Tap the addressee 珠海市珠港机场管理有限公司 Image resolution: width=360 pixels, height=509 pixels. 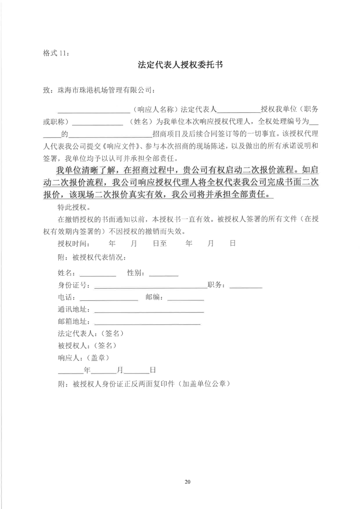click(x=106, y=90)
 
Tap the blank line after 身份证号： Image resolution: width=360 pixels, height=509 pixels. click(x=151, y=287)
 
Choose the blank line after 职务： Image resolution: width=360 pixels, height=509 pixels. click(x=246, y=287)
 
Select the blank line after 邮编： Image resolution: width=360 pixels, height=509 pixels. click(x=185, y=299)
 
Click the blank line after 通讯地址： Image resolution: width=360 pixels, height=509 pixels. click(x=149, y=311)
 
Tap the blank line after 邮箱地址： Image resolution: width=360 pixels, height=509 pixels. click(x=147, y=324)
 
